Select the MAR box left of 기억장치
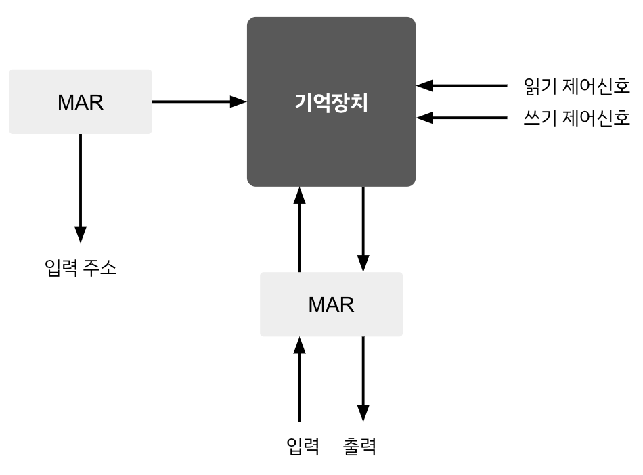pyautogui.click(x=81, y=101)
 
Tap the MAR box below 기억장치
pyautogui.click(x=331, y=304)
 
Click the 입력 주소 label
pyautogui.click(x=81, y=268)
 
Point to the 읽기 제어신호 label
pyautogui.click(x=577, y=86)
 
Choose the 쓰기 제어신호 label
pyautogui.click(x=577, y=119)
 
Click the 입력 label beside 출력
pyautogui.click(x=303, y=446)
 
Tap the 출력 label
pyautogui.click(x=359, y=446)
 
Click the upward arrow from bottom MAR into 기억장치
pyautogui.click(x=299, y=230)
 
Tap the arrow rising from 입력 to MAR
pyautogui.click(x=299, y=379)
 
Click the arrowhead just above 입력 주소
pyautogui.click(x=81, y=233)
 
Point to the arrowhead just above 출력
pyautogui.click(x=363, y=413)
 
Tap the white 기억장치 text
pyautogui.click(x=331, y=103)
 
